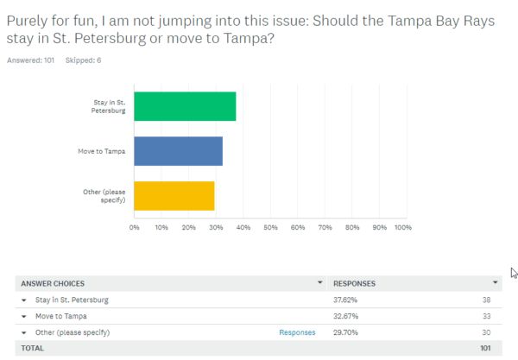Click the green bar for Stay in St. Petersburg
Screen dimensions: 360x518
(x=185, y=106)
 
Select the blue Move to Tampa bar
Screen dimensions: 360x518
(x=178, y=151)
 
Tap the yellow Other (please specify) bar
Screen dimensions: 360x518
(x=174, y=196)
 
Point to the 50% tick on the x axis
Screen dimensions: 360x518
(x=270, y=228)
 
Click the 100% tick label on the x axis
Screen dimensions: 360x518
(x=402, y=228)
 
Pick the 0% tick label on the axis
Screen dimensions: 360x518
(x=135, y=228)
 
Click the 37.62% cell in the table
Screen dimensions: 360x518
(x=346, y=300)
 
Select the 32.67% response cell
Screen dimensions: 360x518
(x=346, y=316)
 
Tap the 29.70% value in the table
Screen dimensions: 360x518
(x=346, y=332)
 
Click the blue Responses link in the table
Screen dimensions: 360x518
(x=296, y=332)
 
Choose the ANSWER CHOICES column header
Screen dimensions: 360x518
(x=53, y=283)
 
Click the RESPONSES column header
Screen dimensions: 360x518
(x=354, y=283)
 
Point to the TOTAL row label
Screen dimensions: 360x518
(x=32, y=348)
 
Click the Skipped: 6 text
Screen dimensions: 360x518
(x=81, y=60)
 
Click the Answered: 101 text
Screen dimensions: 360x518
(x=31, y=60)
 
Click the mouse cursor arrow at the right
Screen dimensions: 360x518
(x=513, y=273)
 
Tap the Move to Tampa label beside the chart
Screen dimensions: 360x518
(x=102, y=151)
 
